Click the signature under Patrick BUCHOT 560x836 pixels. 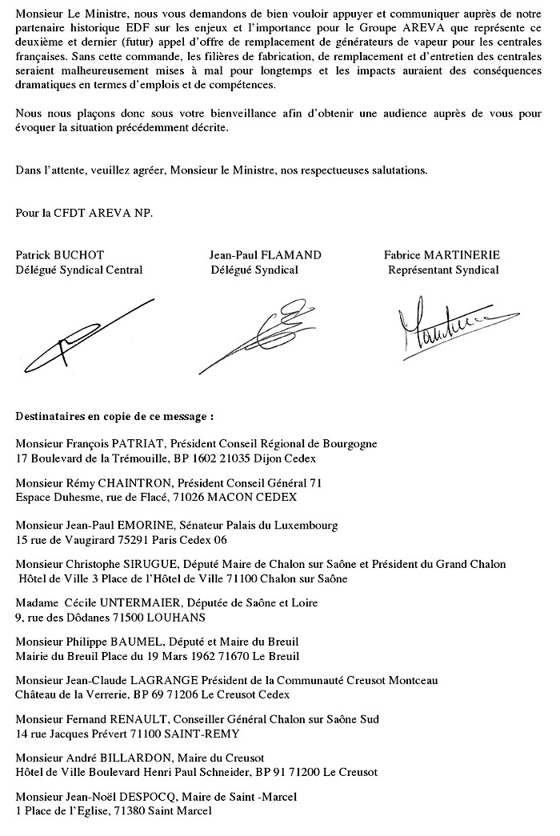(83, 330)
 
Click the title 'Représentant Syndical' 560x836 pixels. (443, 270)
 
